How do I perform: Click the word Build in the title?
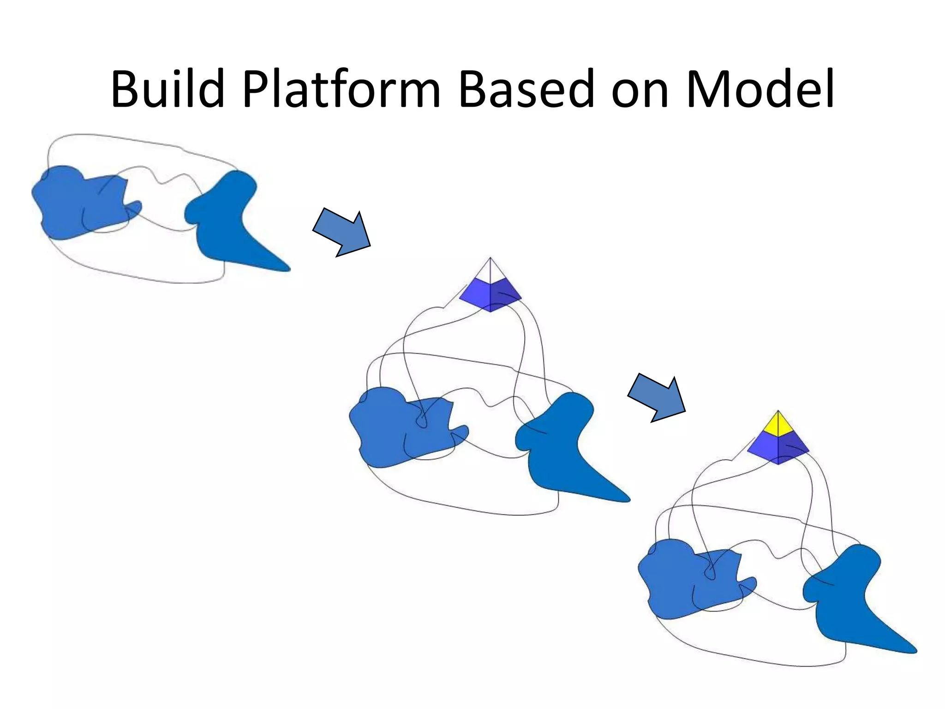pos(167,89)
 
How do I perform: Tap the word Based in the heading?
pos(526,89)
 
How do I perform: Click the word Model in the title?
pos(760,89)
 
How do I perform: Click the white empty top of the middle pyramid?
pos(490,272)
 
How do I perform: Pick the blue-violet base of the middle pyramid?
pos(490,295)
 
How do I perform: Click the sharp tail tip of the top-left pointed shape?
pos(287,269)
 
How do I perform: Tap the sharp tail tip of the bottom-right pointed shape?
pos(914,651)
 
